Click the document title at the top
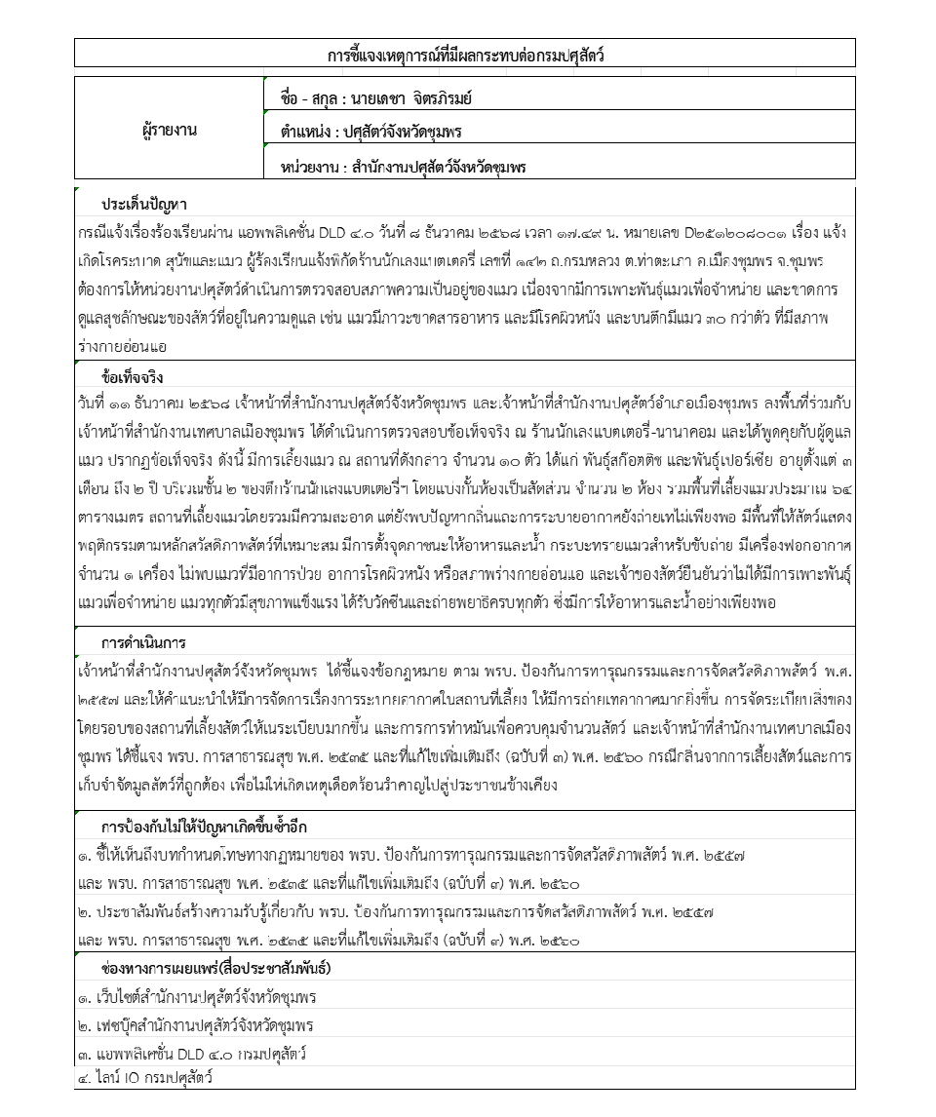point(465,55)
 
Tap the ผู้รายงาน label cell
point(169,130)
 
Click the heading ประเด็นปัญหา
point(144,205)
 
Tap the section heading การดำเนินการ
point(143,643)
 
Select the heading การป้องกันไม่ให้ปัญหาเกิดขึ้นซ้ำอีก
point(204,828)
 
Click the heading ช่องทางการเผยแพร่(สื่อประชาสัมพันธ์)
point(216,969)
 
